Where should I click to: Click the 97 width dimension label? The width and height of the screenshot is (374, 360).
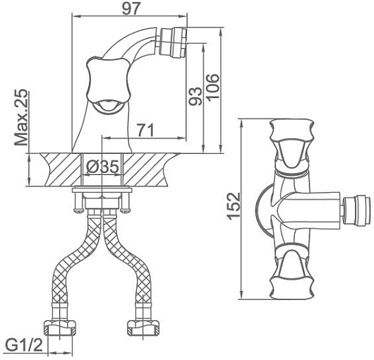pos(131,9)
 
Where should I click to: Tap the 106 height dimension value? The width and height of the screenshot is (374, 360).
pos(212,87)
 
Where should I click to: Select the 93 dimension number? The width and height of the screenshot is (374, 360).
pos(195,97)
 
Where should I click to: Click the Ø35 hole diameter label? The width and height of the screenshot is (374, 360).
pos(102,167)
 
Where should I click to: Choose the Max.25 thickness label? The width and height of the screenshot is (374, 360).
pos(21,117)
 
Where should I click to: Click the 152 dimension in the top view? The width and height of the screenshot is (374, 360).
pos(234,206)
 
